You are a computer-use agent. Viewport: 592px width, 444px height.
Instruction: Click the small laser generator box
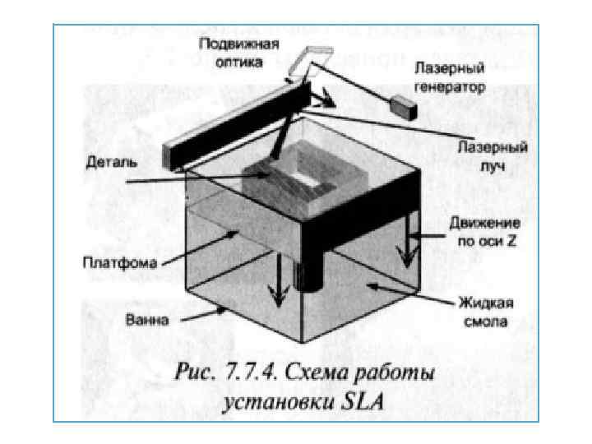click(403, 104)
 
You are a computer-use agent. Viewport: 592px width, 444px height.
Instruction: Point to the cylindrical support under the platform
click(309, 275)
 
